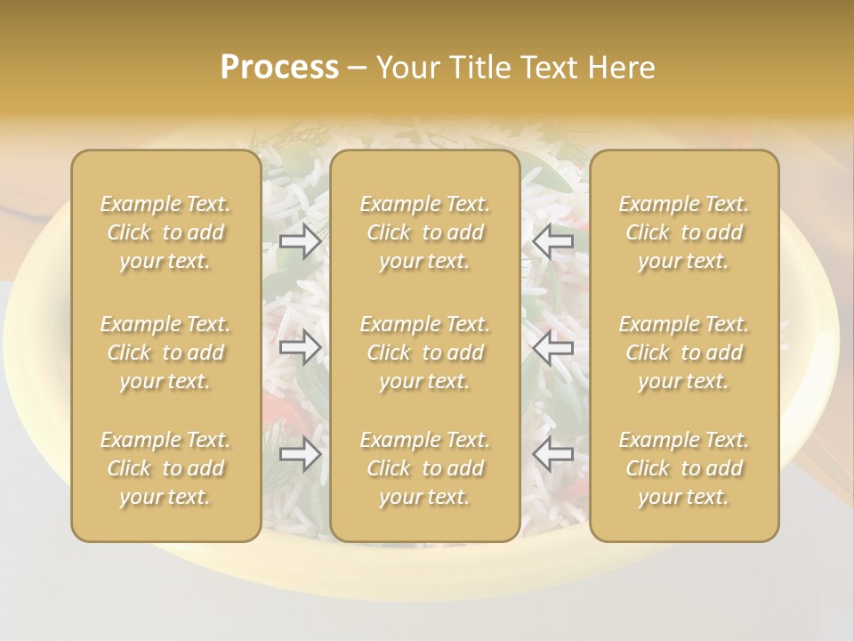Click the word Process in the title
pos(279,68)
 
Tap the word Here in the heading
pos(621,68)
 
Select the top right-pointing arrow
pos(301,240)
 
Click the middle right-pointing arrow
pos(301,347)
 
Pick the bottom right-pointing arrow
pos(301,455)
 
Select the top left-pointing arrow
pos(552,240)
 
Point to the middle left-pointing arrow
pos(552,347)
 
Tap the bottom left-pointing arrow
pos(552,455)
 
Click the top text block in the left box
pos(165,232)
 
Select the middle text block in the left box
pos(165,353)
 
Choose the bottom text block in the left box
pos(165,468)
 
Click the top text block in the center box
pos(425,232)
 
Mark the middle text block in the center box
pos(425,353)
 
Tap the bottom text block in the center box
pos(425,468)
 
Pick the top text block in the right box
pos(684,232)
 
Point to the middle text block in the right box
pos(684,353)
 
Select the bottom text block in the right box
pos(684,468)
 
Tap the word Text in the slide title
pos(552,68)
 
